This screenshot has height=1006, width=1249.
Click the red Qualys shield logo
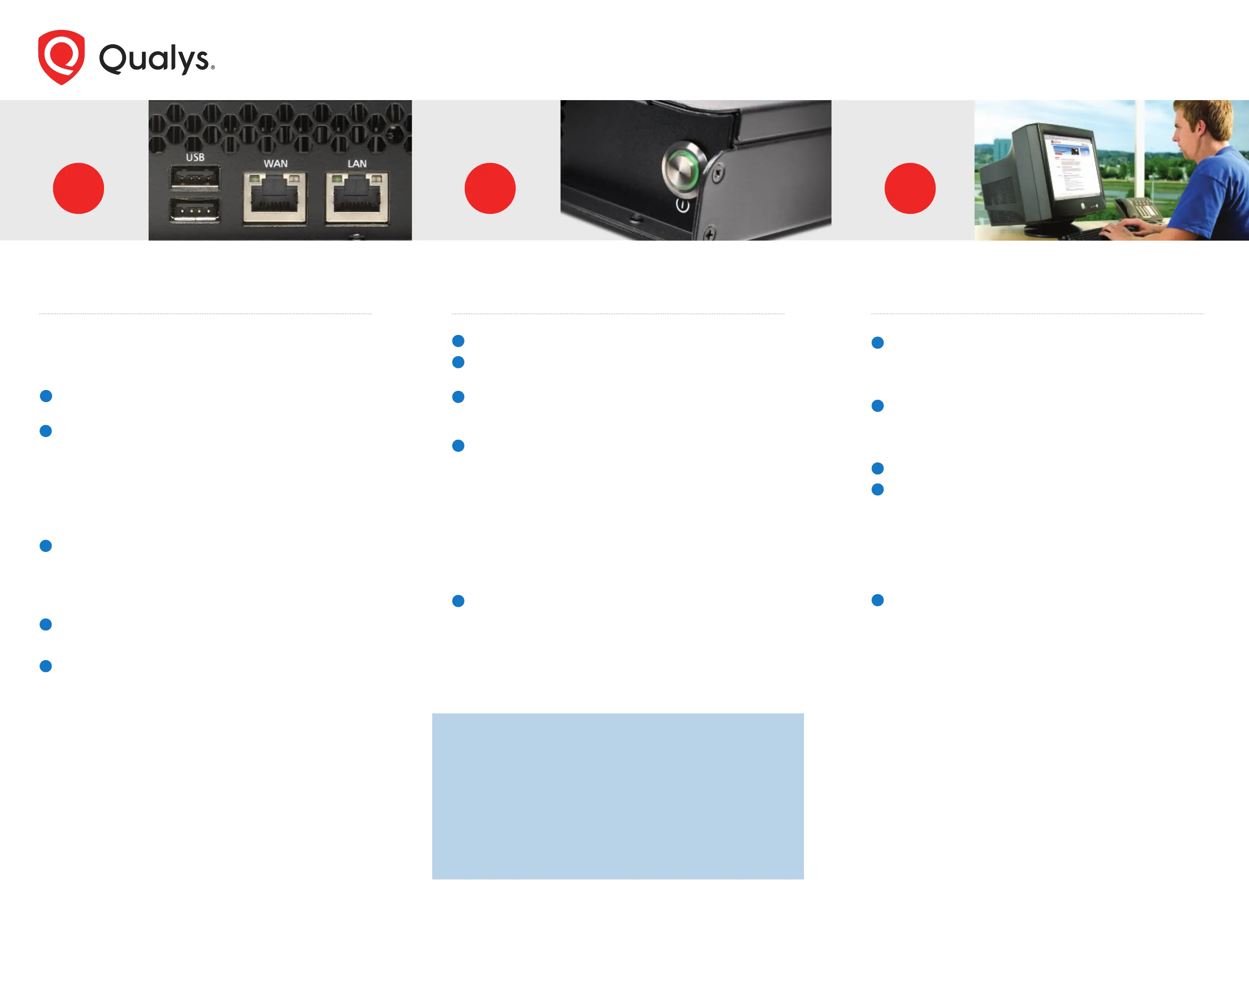tap(61, 57)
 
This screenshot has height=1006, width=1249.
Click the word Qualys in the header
tap(155, 59)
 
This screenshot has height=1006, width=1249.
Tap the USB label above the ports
tap(195, 157)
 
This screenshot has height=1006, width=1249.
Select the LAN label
tap(357, 163)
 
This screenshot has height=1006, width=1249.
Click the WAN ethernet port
tap(275, 198)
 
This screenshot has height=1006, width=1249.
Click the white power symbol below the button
tap(683, 205)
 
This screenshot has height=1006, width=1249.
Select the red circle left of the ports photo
tap(78, 188)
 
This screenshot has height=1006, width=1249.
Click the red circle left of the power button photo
tap(490, 188)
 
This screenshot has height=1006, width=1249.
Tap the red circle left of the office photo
tap(910, 188)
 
